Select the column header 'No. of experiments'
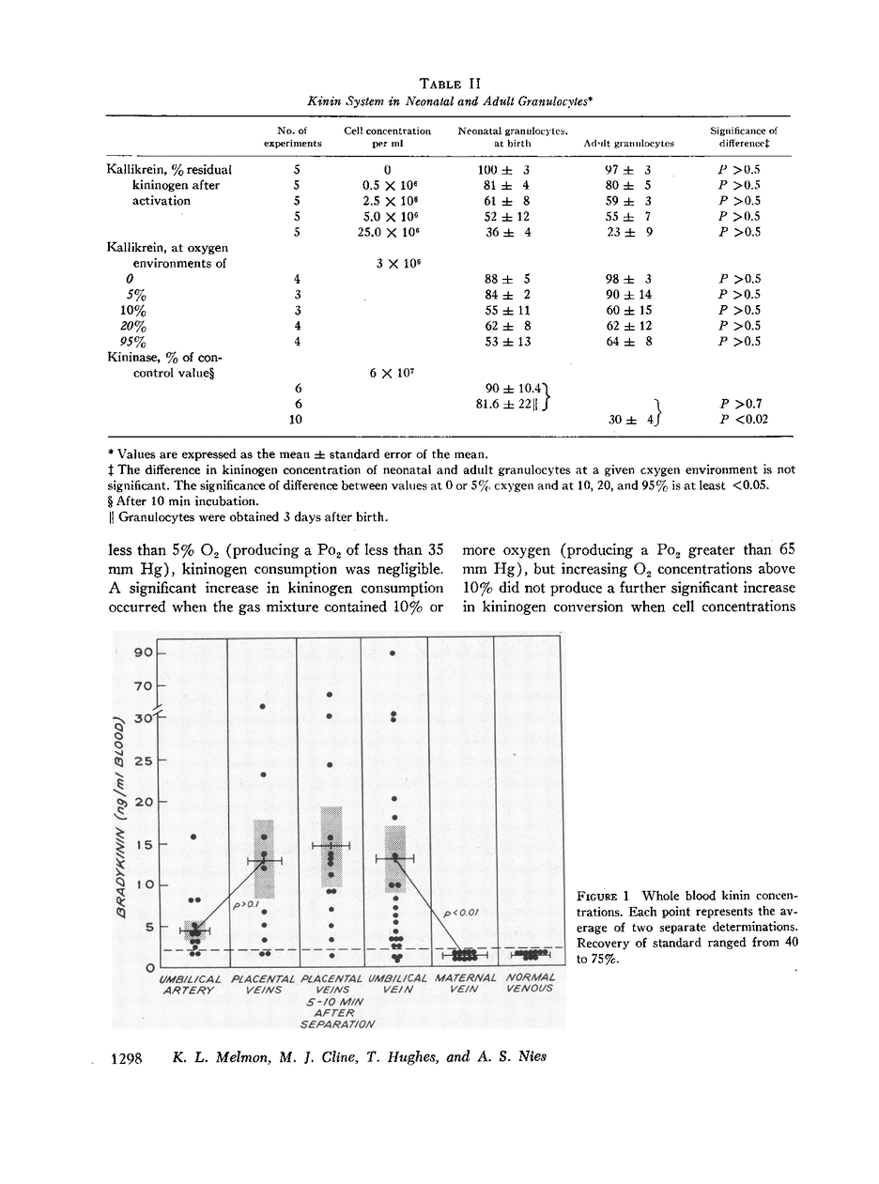pyautogui.click(x=292, y=137)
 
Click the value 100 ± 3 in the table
pyautogui.click(x=494, y=170)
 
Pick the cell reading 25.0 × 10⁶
pyautogui.click(x=387, y=232)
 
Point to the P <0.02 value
pyautogui.click(x=743, y=420)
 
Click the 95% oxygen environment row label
pyautogui.click(x=134, y=342)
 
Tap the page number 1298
pyautogui.click(x=126, y=1058)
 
